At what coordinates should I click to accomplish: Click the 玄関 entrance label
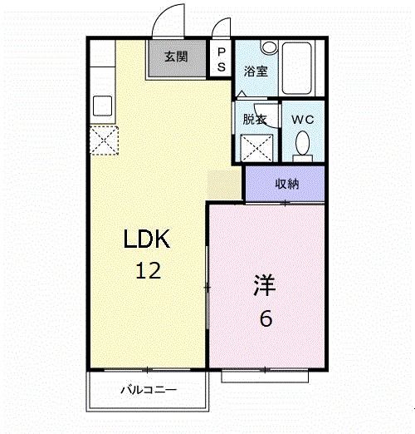click(175, 57)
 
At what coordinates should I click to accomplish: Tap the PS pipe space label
click(221, 58)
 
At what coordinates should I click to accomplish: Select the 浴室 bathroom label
click(256, 71)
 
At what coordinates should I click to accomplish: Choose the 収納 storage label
click(287, 183)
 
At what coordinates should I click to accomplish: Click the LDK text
click(147, 240)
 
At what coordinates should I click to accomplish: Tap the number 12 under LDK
click(148, 270)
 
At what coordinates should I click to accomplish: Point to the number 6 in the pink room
click(266, 318)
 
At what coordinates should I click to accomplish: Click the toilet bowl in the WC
click(303, 142)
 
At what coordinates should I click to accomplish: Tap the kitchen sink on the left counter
click(103, 106)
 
